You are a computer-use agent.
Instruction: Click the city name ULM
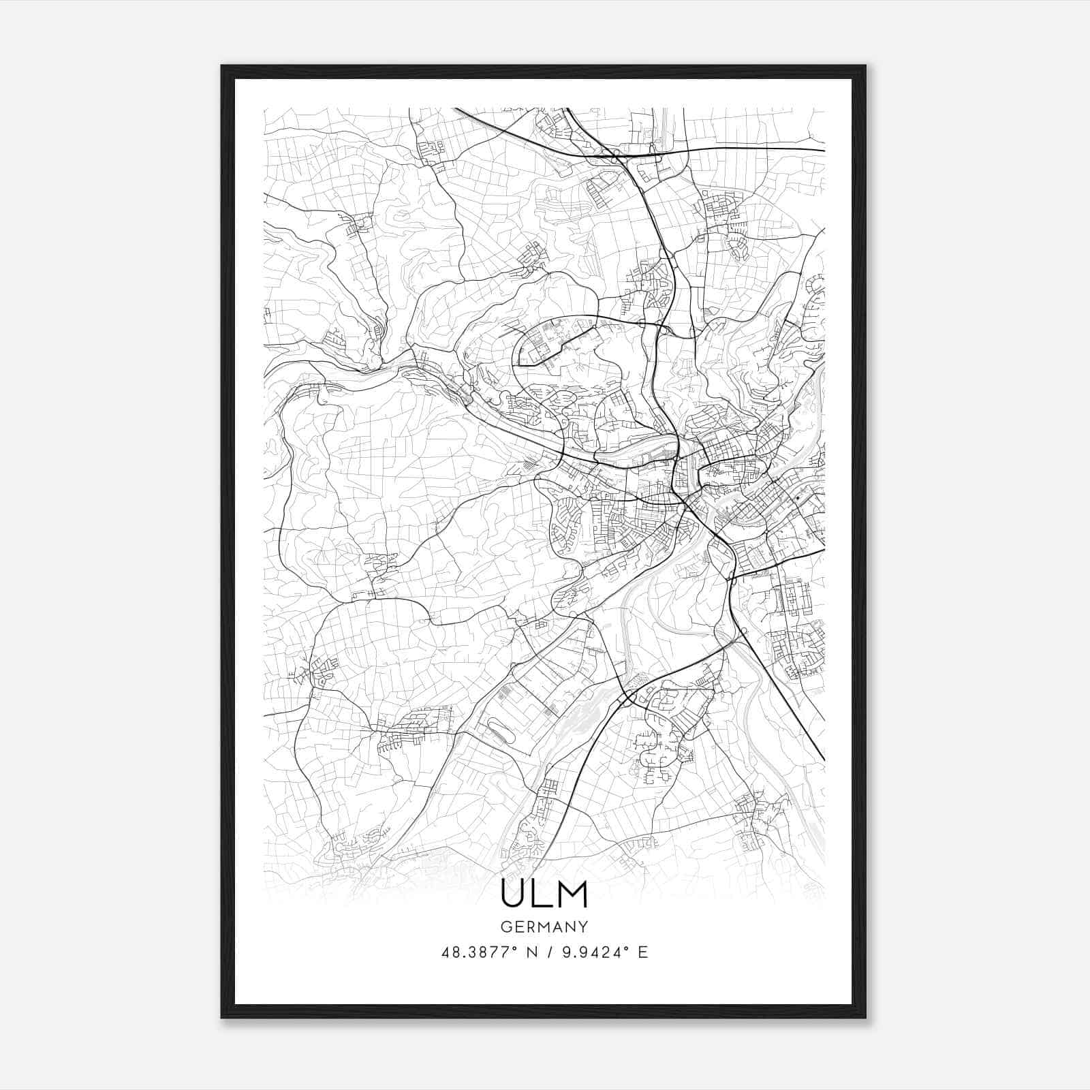544,894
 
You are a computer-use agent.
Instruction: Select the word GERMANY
544,926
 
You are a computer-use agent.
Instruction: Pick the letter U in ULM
513,894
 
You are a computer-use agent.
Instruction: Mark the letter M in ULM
572,894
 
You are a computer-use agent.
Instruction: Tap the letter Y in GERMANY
584,926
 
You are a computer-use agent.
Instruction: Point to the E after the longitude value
642,952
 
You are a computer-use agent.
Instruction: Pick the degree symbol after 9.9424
629,948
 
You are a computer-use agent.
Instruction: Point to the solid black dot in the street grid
795,499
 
